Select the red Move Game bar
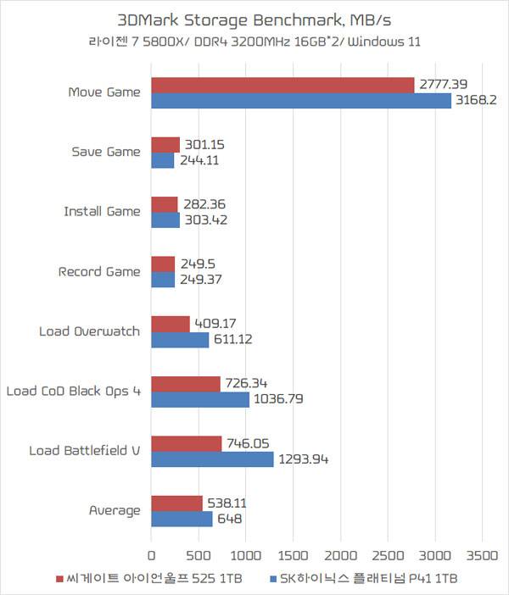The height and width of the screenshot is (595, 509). [282, 85]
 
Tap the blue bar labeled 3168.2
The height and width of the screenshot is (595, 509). [301, 101]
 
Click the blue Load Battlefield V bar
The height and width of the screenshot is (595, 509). [212, 459]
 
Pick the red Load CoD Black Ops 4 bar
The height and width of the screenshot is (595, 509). [186, 384]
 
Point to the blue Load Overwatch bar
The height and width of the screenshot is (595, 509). [180, 340]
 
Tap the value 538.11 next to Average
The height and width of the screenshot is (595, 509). [227, 502]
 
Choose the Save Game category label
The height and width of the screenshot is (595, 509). [106, 152]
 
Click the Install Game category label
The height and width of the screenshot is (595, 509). [102, 212]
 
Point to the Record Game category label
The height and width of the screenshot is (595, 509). [99, 272]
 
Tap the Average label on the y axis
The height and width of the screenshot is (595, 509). [115, 510]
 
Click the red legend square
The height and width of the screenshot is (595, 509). [59, 579]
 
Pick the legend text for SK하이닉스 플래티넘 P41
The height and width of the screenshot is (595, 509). [364, 579]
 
